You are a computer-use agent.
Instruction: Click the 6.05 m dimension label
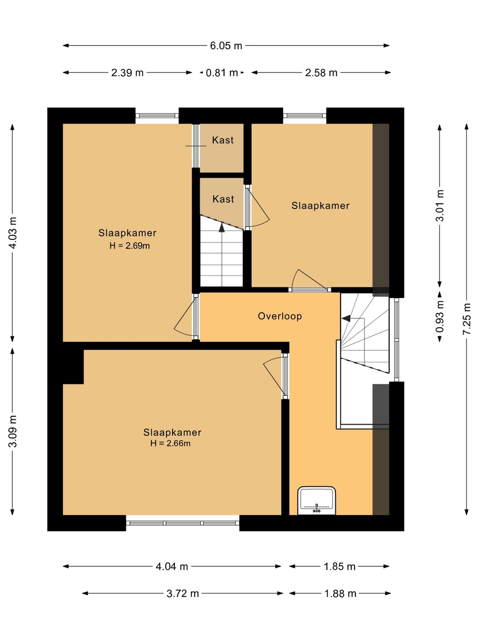226,46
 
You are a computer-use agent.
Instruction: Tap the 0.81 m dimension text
222,72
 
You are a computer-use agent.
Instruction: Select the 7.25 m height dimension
466,319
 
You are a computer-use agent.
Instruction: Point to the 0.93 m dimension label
440,317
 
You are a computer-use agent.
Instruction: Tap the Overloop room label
280,316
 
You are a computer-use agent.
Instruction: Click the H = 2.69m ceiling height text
130,246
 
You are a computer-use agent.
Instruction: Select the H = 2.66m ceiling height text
170,443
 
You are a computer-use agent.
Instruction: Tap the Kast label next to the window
223,140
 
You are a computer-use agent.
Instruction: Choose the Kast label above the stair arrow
223,199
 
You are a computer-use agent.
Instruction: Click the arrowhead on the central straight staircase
222,227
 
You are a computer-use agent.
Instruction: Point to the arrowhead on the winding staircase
346,319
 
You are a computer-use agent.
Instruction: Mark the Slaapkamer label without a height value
320,205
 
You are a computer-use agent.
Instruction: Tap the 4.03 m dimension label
13,233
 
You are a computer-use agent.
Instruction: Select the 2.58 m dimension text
321,72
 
